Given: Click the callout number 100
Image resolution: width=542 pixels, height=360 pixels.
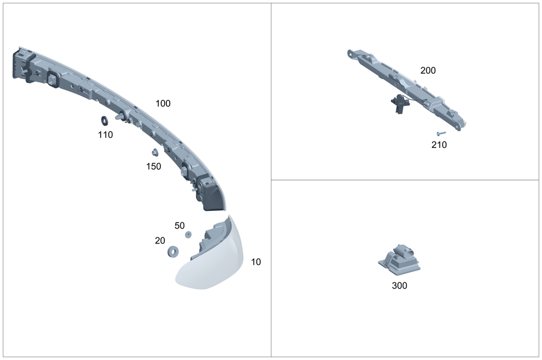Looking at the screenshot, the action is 163,104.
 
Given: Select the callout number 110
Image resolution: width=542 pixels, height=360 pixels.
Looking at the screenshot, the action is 105,134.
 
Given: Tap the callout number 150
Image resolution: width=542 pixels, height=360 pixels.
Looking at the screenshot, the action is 153,166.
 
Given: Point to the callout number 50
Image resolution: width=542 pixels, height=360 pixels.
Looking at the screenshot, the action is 179,226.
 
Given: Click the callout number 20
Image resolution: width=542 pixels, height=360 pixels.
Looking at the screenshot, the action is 160,240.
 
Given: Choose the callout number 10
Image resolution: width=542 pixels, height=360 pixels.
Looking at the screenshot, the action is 256,262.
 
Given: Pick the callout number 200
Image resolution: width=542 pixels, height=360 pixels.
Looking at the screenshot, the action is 428,70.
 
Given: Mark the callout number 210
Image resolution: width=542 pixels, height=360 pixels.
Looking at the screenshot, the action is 439,145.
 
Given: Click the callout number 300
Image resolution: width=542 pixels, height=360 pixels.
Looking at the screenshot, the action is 399,285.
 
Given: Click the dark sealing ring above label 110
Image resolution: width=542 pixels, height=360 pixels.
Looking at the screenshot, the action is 105,121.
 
